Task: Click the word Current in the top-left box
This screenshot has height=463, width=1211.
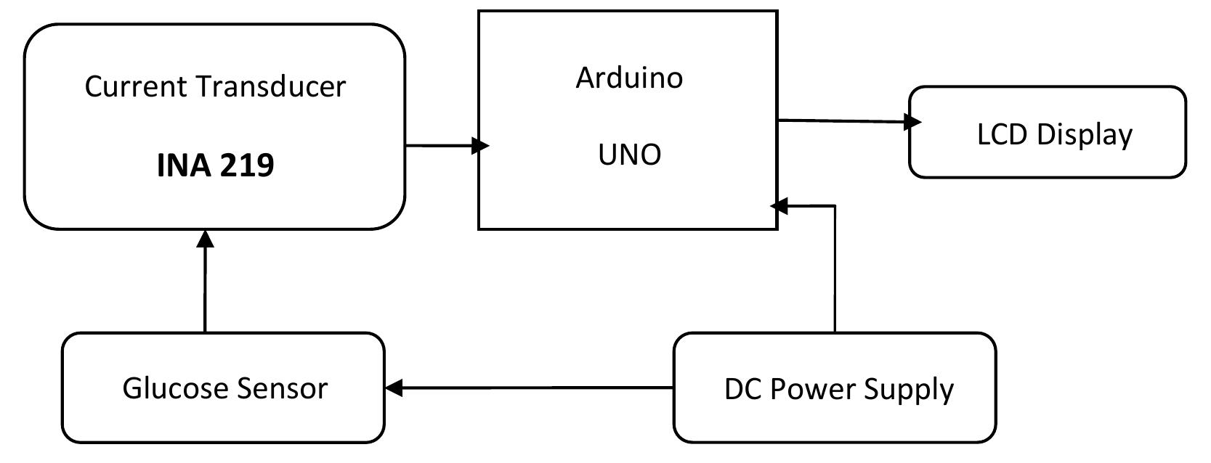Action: [136, 86]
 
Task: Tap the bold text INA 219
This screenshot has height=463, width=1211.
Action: [215, 165]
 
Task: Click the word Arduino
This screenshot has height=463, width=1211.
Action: [629, 77]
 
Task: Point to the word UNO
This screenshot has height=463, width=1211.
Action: [629, 155]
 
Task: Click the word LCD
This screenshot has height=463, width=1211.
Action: [1003, 135]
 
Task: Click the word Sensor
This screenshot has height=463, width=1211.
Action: [280, 389]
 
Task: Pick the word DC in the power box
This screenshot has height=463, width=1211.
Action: [742, 390]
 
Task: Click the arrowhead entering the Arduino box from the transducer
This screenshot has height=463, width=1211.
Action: [480, 146]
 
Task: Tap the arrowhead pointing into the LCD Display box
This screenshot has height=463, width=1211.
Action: [912, 122]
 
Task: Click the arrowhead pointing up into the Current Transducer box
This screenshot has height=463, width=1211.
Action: [206, 239]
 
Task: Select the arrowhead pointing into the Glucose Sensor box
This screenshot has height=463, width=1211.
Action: [393, 388]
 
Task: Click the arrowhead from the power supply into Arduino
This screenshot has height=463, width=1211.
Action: [779, 206]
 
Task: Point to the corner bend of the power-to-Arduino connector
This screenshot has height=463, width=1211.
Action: [835, 206]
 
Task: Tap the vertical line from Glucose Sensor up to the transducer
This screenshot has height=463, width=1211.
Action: [206, 290]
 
